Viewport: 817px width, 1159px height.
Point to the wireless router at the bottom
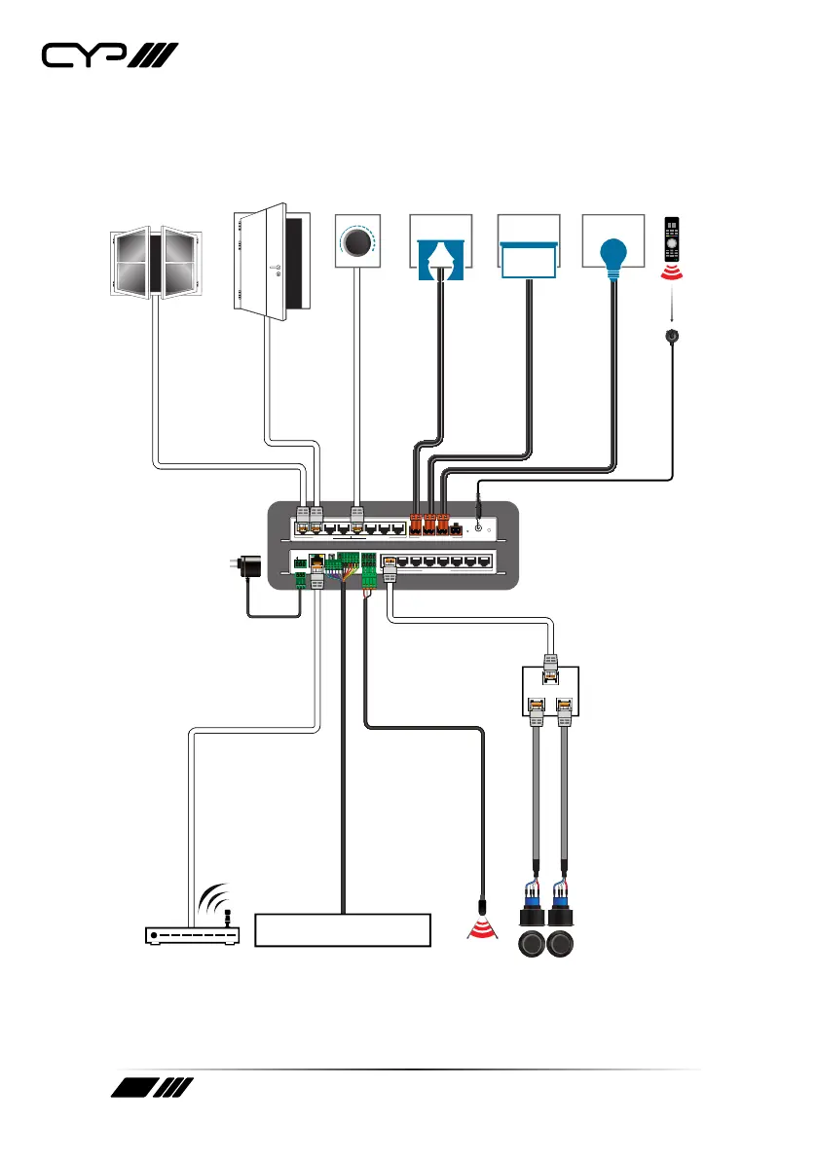coord(192,935)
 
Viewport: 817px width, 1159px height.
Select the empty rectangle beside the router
coord(342,930)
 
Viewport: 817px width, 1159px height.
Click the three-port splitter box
coord(550,689)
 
